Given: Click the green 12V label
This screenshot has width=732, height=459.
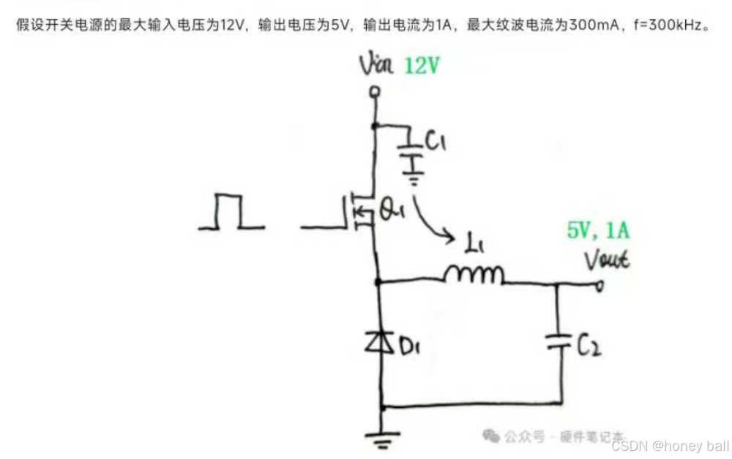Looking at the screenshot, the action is (x=422, y=67).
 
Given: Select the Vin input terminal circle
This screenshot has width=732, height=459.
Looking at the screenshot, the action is (x=376, y=92).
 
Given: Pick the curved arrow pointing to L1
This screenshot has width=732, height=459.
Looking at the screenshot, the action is (x=432, y=219).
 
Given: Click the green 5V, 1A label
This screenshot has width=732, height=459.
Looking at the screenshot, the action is (x=598, y=232).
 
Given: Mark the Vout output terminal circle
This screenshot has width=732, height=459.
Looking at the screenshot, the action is (x=600, y=287).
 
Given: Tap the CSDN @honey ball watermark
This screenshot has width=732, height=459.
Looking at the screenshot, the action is (x=670, y=446).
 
